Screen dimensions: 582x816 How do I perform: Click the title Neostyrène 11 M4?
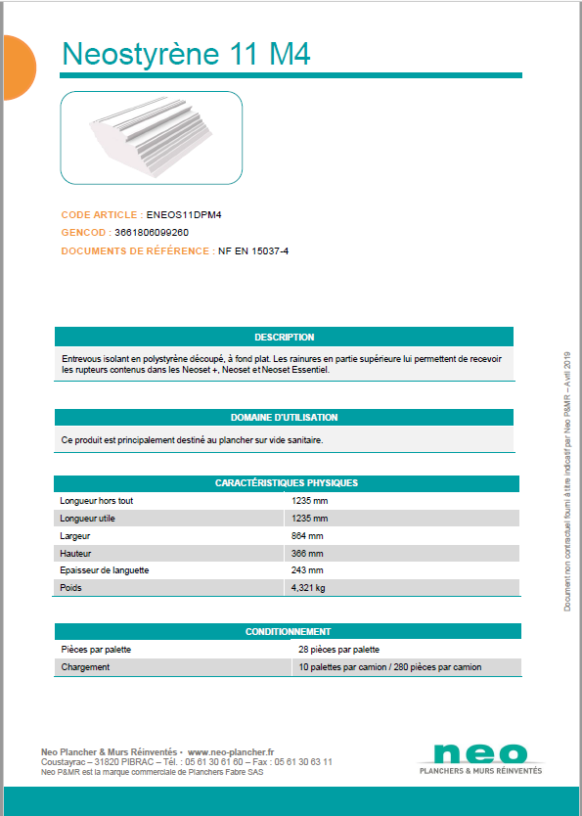(x=186, y=54)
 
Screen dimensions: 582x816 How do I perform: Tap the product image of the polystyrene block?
(x=152, y=138)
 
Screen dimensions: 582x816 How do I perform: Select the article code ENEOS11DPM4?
(x=177, y=214)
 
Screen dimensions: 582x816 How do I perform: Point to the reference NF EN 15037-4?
(x=253, y=251)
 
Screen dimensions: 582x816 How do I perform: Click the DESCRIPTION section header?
(x=284, y=337)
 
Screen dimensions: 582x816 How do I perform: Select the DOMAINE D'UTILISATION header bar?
(x=284, y=417)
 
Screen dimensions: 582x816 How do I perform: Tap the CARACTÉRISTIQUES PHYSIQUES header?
(x=287, y=483)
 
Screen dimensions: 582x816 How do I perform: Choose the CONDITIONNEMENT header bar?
(x=288, y=632)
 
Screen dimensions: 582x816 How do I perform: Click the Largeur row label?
(x=76, y=536)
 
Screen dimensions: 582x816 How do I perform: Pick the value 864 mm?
(x=307, y=536)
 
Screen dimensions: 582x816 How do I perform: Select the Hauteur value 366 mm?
(x=307, y=553)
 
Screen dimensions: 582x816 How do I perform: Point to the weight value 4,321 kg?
(x=308, y=588)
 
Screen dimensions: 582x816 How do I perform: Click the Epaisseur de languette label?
(x=105, y=570)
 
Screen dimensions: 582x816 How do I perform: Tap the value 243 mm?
(x=307, y=570)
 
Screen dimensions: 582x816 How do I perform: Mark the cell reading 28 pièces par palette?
(x=338, y=650)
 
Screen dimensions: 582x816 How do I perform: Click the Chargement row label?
(x=85, y=667)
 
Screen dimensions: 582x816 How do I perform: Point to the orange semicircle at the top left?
(x=17, y=67)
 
